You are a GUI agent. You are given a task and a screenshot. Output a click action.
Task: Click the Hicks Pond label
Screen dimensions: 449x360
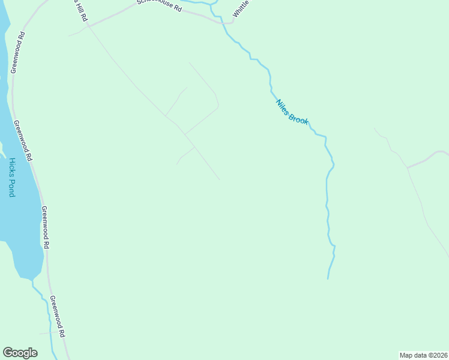click(12, 177)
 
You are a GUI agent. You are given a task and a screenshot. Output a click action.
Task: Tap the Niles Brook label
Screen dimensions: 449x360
click(292, 112)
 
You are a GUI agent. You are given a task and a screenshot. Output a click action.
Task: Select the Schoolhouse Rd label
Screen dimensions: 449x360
click(158, 6)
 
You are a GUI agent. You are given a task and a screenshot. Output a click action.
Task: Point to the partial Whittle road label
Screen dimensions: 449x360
click(241, 9)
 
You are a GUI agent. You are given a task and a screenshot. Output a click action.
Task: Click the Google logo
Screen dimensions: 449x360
click(20, 353)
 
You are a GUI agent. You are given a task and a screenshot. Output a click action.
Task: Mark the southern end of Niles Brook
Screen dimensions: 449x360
click(327, 278)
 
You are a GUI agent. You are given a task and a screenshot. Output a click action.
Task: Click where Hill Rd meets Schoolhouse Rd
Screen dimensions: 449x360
click(88, 25)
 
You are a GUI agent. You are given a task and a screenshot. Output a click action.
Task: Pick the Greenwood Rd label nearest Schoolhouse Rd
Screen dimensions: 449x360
click(18, 53)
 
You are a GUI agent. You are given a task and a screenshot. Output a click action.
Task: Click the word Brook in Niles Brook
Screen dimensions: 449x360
click(298, 118)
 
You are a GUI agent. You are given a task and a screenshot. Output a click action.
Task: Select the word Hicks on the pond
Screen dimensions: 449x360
click(12, 167)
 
